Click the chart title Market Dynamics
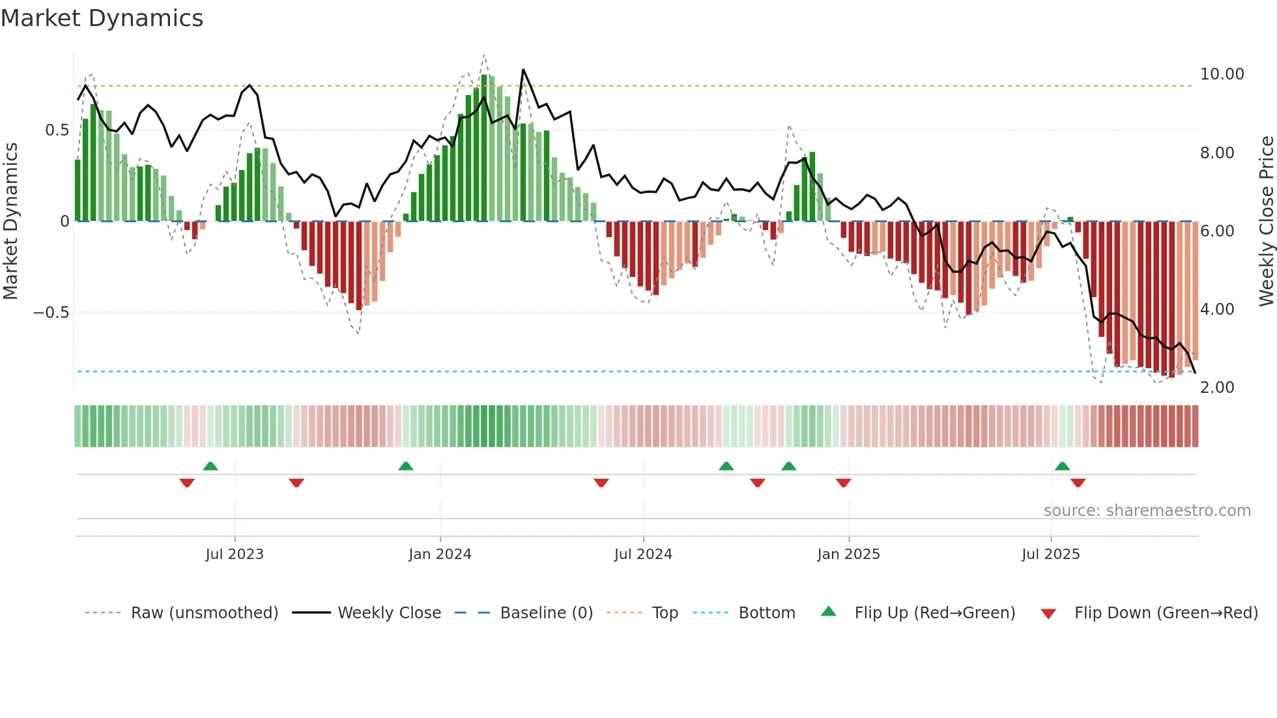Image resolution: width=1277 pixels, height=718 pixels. coord(102,18)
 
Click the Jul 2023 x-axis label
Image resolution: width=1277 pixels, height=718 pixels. coord(235,554)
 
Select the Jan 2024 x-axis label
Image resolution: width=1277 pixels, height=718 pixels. coord(440,554)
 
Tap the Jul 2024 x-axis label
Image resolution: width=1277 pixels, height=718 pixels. coord(643,554)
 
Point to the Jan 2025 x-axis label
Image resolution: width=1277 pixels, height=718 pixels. coord(848,554)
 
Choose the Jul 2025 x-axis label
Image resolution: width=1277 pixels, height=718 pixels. coord(1050,554)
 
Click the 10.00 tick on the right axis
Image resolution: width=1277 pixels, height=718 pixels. coord(1222,74)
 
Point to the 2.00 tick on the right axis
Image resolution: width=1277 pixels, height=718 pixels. coord(1217,388)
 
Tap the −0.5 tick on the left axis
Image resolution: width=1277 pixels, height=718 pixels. coord(51,313)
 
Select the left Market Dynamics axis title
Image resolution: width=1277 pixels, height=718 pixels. coord(10,222)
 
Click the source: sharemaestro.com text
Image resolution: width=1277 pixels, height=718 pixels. coord(1147,511)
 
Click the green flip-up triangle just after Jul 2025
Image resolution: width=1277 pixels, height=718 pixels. coord(1062,467)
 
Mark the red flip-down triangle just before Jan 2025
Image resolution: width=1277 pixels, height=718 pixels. coord(843,483)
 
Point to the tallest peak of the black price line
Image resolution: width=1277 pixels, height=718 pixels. coord(523,70)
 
